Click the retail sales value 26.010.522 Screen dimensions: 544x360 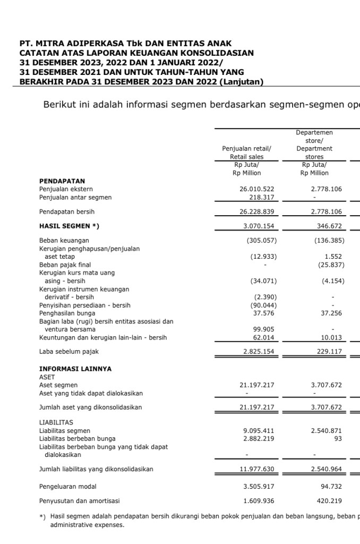(x=256, y=189)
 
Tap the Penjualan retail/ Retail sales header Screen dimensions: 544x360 (x=246, y=152)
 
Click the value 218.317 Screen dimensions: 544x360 (x=262, y=197)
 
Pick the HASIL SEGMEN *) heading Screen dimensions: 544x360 (x=69, y=226)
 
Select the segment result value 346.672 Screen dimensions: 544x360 (x=329, y=226)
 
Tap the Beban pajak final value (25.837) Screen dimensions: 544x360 (x=329, y=265)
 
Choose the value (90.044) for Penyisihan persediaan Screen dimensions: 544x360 (x=263, y=305)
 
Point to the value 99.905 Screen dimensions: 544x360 (x=264, y=329)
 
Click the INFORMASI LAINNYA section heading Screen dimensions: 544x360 (x=75, y=369)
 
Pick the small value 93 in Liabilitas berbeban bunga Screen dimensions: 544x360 (x=338, y=438)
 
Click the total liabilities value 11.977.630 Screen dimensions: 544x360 (x=256, y=469)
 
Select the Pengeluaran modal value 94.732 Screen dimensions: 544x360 (x=331, y=486)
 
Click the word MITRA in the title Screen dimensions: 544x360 (x=52, y=44)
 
